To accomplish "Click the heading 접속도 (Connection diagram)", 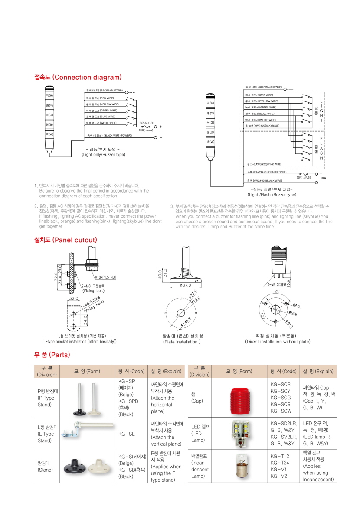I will click(x=78, y=77).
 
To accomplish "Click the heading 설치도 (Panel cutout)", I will click(x=65, y=240).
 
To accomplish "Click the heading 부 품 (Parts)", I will click(x=52, y=355).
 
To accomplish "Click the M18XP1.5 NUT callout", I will click(x=105, y=277).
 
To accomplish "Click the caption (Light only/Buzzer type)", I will click(x=103, y=154).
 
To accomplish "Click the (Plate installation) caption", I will click(x=182, y=342).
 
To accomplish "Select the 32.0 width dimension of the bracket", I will click(x=73, y=298).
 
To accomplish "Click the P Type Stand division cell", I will click(x=46, y=398).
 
